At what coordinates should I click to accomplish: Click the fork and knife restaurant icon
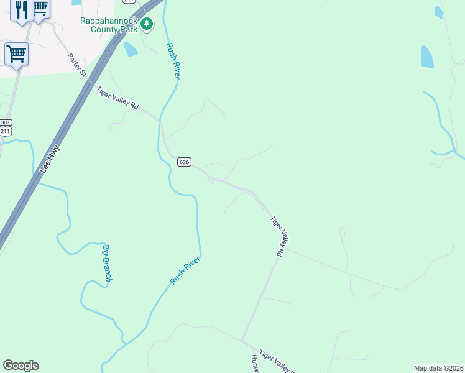(22, 10)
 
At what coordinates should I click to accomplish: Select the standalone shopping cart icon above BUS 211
(16, 53)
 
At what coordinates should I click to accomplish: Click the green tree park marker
(147, 24)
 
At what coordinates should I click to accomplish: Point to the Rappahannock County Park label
(110, 24)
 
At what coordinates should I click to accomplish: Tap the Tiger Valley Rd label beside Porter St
(117, 98)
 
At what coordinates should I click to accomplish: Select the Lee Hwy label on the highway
(49, 159)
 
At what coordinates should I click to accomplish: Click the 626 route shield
(183, 162)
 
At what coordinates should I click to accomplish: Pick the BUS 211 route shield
(6, 128)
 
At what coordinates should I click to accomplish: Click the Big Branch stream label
(106, 264)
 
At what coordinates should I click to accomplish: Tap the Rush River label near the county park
(173, 60)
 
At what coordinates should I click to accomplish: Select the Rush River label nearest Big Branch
(185, 270)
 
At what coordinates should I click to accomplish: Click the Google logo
(21, 366)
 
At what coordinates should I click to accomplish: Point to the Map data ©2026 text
(438, 368)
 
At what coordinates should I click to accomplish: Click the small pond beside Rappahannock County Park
(131, 49)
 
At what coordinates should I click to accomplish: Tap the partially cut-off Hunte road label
(255, 364)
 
